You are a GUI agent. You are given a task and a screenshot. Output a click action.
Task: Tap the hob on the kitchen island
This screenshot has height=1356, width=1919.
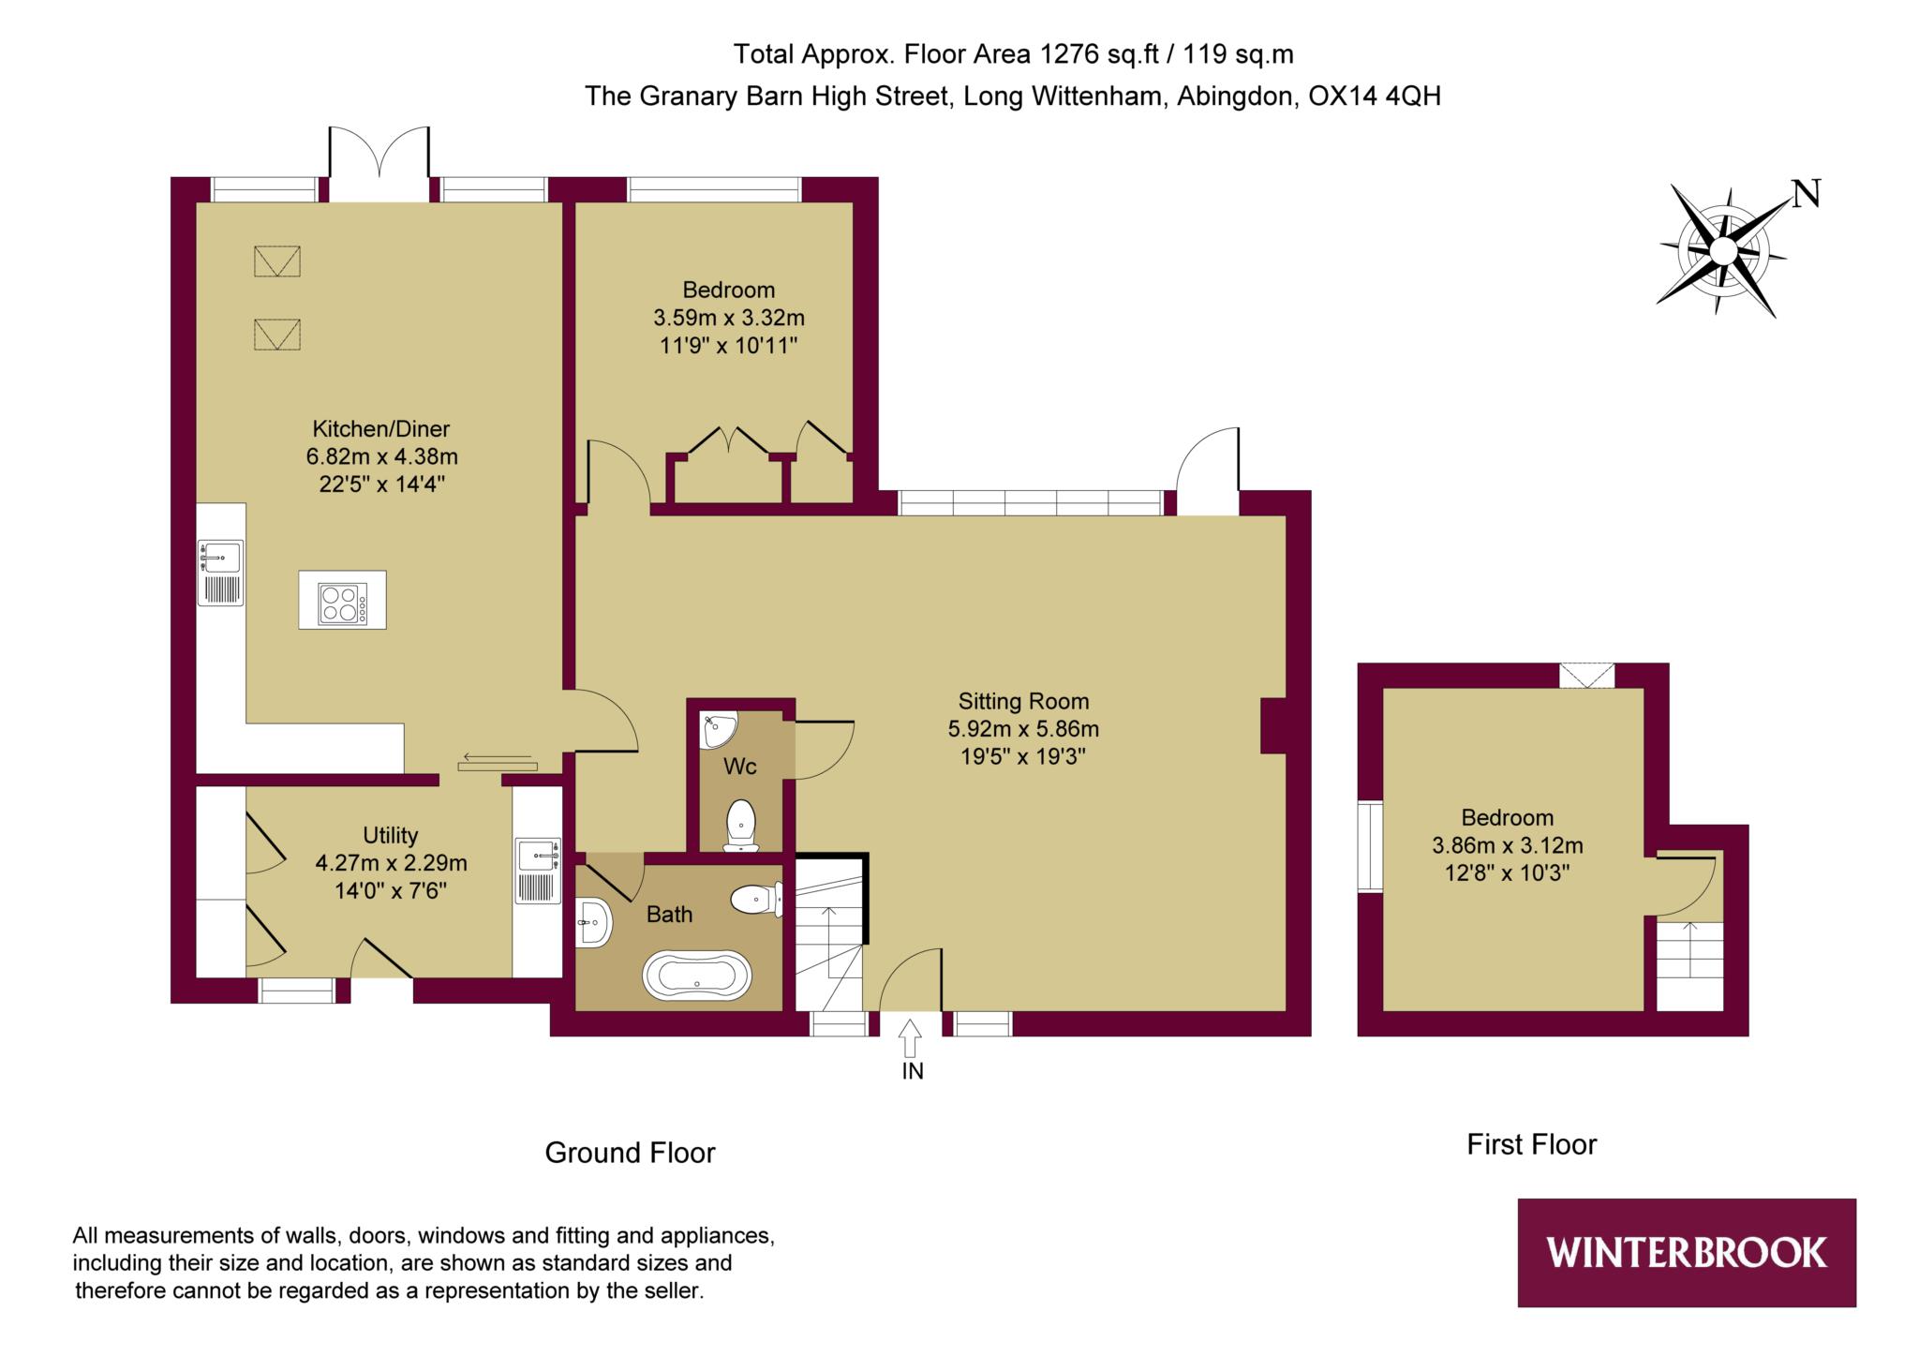(342, 603)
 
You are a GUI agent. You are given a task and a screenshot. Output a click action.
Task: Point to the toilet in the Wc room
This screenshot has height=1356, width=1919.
(741, 826)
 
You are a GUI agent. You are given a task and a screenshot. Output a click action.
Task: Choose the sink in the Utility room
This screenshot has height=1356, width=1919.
(538, 871)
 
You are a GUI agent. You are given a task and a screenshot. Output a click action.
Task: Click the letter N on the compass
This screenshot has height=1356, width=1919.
(1806, 194)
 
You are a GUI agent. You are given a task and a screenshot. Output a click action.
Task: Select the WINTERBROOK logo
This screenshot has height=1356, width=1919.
(1687, 1252)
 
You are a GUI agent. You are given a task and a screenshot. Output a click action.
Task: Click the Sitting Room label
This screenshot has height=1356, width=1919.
(1023, 701)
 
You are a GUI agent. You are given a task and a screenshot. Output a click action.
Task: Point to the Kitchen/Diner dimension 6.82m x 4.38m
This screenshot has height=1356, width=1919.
(381, 457)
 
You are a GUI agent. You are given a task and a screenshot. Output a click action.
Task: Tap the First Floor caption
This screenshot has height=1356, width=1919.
(1531, 1144)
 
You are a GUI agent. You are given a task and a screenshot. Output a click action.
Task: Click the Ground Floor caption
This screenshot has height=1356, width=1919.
(630, 1153)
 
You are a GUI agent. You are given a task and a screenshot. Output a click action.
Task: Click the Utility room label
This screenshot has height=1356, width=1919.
(391, 835)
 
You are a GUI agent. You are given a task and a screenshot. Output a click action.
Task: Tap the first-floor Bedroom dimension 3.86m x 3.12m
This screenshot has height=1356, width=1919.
(1508, 845)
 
